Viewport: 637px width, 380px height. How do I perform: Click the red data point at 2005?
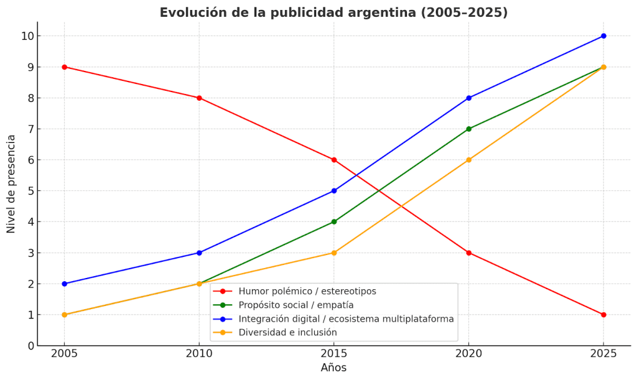(x=64, y=67)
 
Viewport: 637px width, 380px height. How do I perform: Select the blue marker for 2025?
(x=603, y=36)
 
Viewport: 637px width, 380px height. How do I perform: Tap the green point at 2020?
(x=468, y=129)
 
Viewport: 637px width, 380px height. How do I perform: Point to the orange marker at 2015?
(x=334, y=253)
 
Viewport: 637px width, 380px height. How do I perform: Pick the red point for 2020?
(x=468, y=253)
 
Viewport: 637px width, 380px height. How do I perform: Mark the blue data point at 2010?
(x=199, y=253)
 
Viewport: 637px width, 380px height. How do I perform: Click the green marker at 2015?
(x=334, y=221)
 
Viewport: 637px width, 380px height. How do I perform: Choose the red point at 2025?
(x=603, y=315)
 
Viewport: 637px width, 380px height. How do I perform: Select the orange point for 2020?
(x=468, y=160)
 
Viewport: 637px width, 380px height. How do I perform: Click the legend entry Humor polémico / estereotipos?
(x=307, y=291)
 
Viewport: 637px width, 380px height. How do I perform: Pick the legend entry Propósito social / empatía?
(x=295, y=305)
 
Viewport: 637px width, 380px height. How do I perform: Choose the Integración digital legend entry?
(x=346, y=319)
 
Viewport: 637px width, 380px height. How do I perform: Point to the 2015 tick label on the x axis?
(x=334, y=353)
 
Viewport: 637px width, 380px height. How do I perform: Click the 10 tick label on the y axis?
(x=26, y=36)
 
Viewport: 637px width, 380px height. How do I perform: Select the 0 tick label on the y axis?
(x=29, y=346)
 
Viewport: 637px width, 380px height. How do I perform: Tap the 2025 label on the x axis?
(x=603, y=353)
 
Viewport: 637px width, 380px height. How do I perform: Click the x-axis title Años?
(x=333, y=368)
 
